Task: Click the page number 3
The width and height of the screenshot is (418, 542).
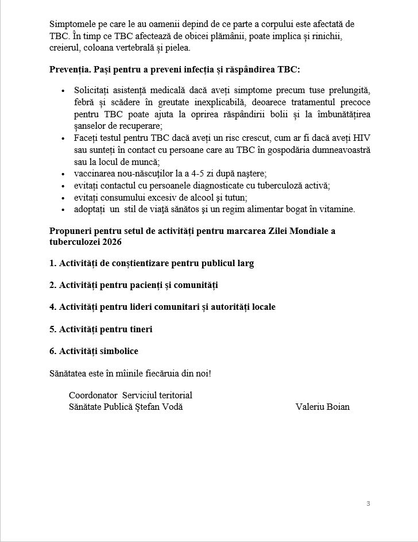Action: click(x=368, y=504)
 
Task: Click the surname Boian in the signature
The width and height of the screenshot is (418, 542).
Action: click(x=338, y=407)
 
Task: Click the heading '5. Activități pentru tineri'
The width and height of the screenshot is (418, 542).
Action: click(x=100, y=329)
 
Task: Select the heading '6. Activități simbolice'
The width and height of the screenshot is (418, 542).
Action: click(x=94, y=351)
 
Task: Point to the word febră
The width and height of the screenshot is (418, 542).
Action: click(x=85, y=102)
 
